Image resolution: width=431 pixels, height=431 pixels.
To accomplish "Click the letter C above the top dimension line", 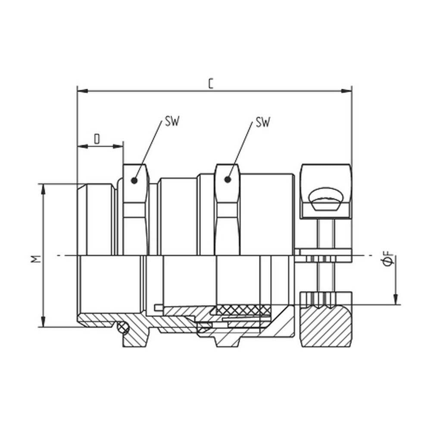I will coord(210,83).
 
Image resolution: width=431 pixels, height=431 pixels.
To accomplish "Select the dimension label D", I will coord(97,139).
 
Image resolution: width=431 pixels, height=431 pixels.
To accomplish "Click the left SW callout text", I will coord(172,122).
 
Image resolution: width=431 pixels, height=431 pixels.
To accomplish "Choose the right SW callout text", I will coord(262,122).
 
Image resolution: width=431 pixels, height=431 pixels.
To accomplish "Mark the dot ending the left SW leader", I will coord(134,181).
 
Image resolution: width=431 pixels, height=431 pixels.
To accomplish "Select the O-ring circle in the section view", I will coord(123,329).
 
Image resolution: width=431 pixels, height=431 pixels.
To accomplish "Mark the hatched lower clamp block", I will coord(326,328).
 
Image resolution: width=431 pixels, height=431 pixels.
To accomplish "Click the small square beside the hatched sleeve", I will coord(158,307).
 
